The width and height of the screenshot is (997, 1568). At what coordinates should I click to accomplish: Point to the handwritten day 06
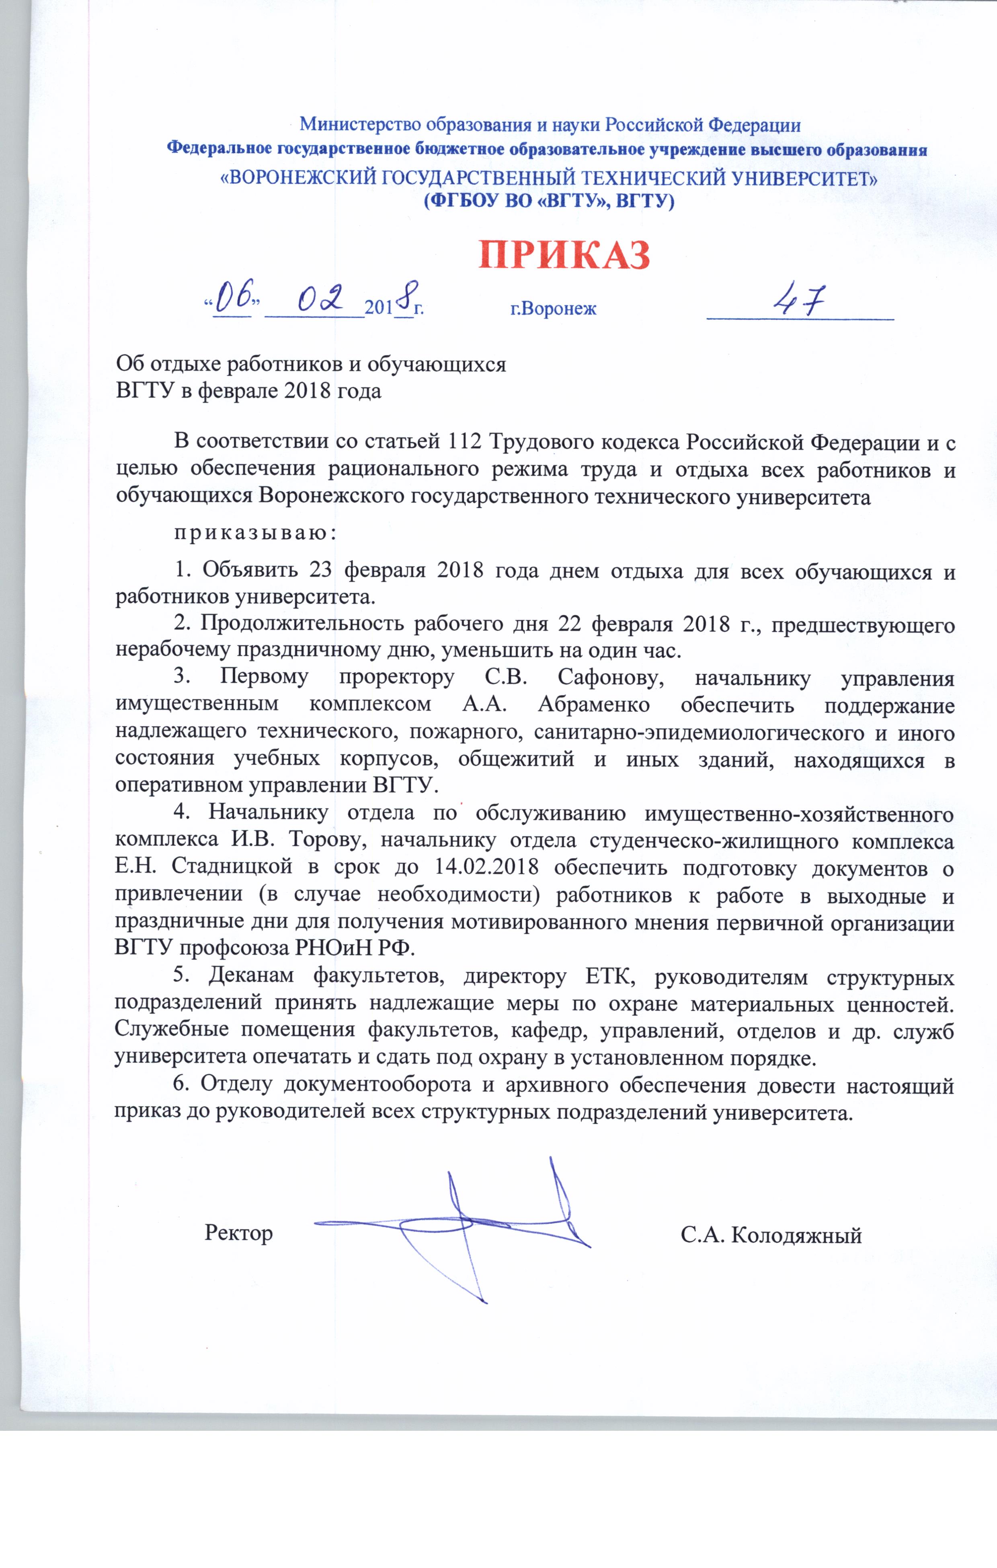point(234,297)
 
